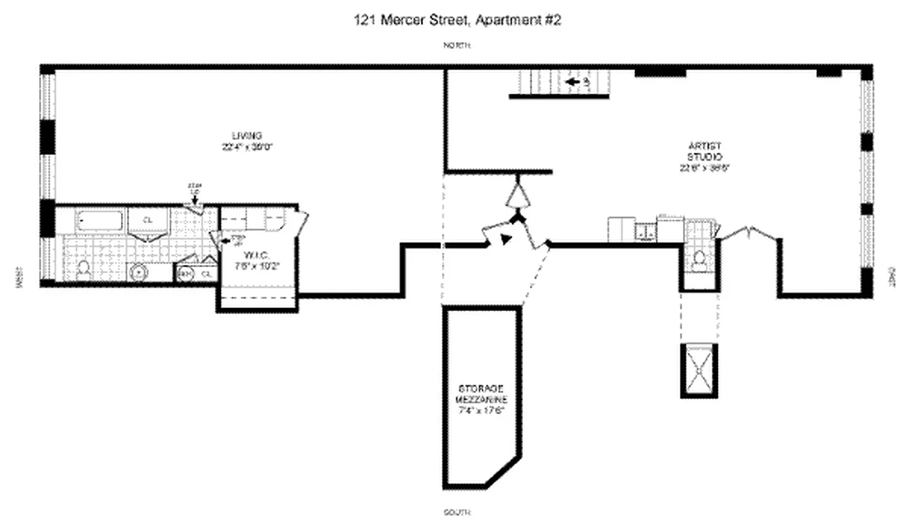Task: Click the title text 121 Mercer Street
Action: pos(457,20)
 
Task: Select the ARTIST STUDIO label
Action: pos(703,151)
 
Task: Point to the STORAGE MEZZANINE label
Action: pos(481,394)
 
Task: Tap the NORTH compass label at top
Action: pos(456,46)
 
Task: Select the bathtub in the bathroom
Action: pos(99,221)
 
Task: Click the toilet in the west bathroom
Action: pos(84,270)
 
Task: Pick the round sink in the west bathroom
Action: pos(139,272)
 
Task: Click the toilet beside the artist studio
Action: pos(699,263)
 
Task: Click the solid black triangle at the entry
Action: pos(506,239)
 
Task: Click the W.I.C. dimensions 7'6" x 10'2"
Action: pos(257,266)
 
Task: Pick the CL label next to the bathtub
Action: pos(148,220)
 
